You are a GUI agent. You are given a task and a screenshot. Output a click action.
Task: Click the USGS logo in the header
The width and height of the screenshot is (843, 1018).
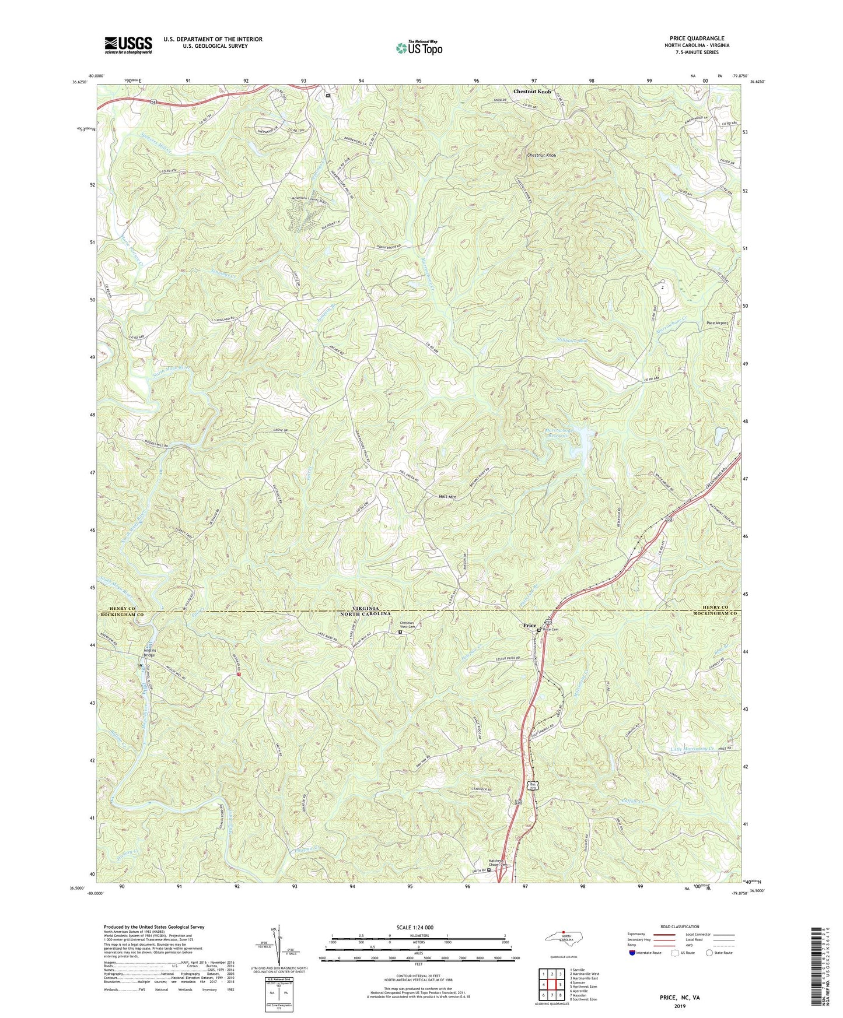(128, 45)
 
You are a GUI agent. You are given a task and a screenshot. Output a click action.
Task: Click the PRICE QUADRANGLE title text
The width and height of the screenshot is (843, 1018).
(697, 38)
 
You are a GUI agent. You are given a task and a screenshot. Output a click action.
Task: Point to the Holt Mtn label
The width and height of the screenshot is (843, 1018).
(447, 497)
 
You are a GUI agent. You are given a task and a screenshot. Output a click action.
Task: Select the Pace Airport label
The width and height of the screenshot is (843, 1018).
(717, 323)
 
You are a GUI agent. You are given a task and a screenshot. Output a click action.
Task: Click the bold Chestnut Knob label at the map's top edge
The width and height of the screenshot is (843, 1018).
(531, 92)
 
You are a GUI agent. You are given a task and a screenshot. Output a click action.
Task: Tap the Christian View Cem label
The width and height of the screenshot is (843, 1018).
(403, 624)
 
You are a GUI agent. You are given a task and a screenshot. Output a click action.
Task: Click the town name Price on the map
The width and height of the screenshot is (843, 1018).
(529, 626)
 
